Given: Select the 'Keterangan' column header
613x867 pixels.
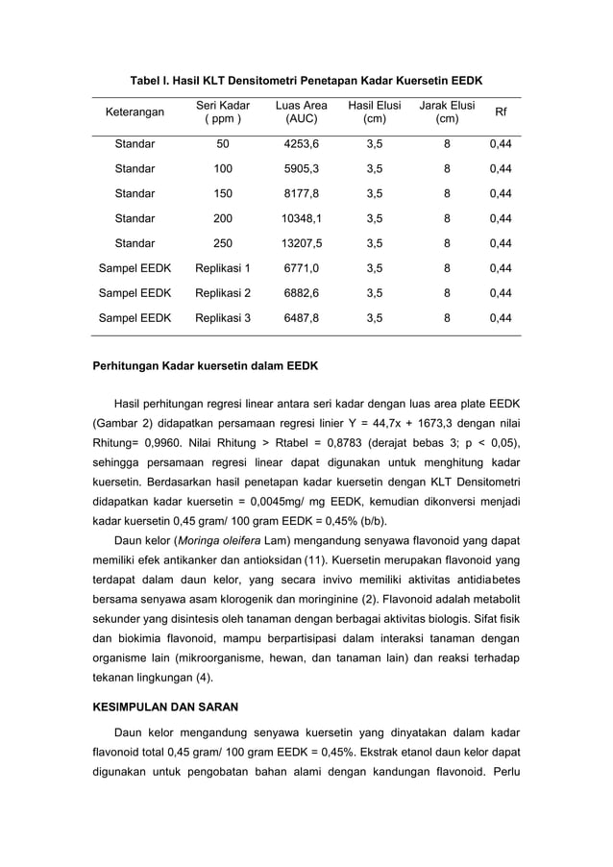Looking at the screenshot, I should click(x=135, y=113).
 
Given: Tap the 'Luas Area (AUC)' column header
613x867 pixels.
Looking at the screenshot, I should click(x=301, y=113).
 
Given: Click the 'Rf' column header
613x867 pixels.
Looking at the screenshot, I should click(x=500, y=113).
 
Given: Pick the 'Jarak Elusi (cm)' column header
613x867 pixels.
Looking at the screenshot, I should click(x=447, y=113).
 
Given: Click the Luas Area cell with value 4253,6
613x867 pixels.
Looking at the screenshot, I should click(x=301, y=144).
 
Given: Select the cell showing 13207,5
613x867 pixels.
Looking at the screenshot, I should click(x=301, y=243).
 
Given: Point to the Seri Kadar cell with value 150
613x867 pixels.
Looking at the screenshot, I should click(x=223, y=193).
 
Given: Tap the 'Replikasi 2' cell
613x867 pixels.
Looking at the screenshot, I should click(x=223, y=292).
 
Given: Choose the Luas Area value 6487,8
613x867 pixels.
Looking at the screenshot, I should click(x=301, y=317).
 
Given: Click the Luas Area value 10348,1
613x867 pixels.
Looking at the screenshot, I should click(x=301, y=218).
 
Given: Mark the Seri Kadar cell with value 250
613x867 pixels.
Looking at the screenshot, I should click(x=223, y=243).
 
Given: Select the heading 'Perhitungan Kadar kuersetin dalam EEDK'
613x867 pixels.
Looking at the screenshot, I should click(x=204, y=366).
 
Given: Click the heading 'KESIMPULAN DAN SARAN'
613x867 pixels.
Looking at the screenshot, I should click(x=164, y=706).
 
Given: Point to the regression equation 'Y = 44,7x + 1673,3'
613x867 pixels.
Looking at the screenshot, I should click(x=401, y=422).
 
